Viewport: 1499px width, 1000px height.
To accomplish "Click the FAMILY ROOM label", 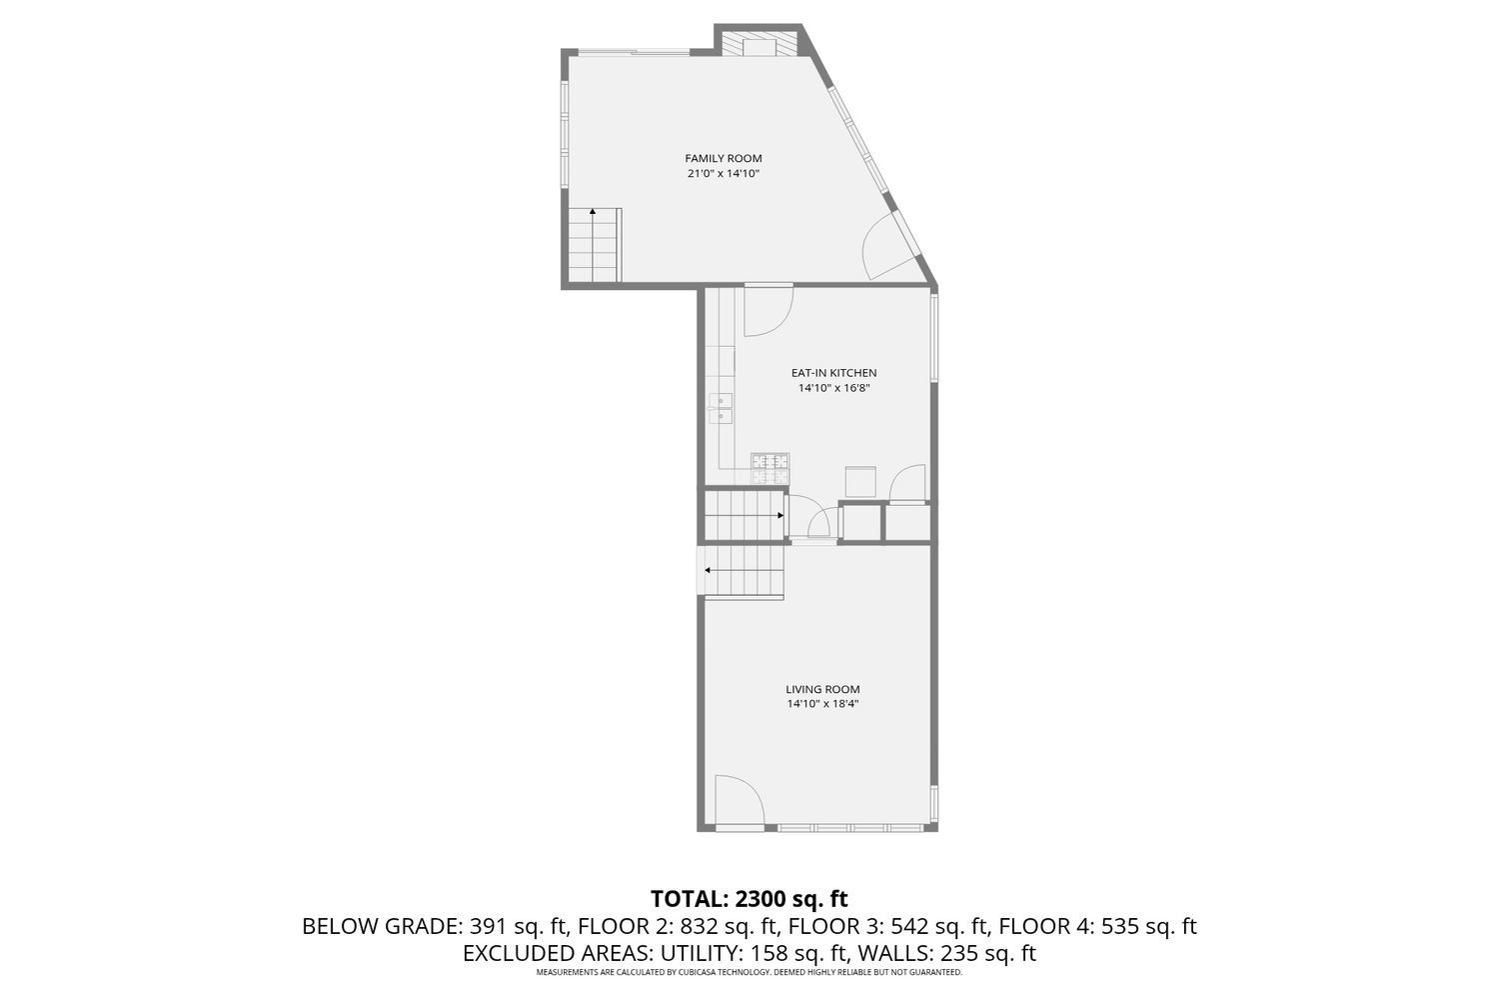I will point(723,158).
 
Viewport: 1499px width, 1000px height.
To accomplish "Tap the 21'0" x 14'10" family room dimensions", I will point(723,174).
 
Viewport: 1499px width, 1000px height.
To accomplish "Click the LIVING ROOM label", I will point(822,689).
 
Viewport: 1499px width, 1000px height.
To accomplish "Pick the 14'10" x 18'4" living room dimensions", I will point(822,705).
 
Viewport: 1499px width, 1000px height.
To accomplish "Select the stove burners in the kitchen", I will point(769,461).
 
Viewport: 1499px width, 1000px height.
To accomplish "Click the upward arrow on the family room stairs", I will point(593,212).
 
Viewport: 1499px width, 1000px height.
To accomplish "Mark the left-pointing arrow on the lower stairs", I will point(709,570).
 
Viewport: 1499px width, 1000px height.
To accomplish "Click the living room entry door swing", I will point(737,800).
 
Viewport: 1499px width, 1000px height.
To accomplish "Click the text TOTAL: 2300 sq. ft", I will point(749,898).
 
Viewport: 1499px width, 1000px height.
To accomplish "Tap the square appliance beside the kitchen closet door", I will point(861,481).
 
